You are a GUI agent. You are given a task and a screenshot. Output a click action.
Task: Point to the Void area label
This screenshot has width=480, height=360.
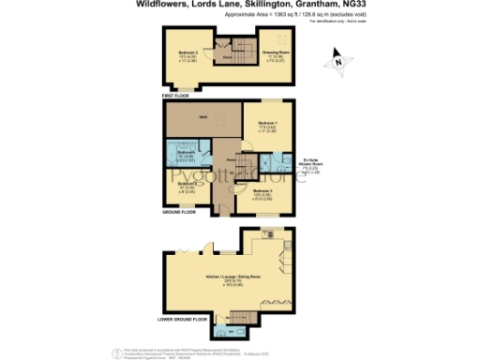tap(202, 117)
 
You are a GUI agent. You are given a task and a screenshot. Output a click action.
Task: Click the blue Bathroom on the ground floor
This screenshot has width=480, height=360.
tap(187, 152)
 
